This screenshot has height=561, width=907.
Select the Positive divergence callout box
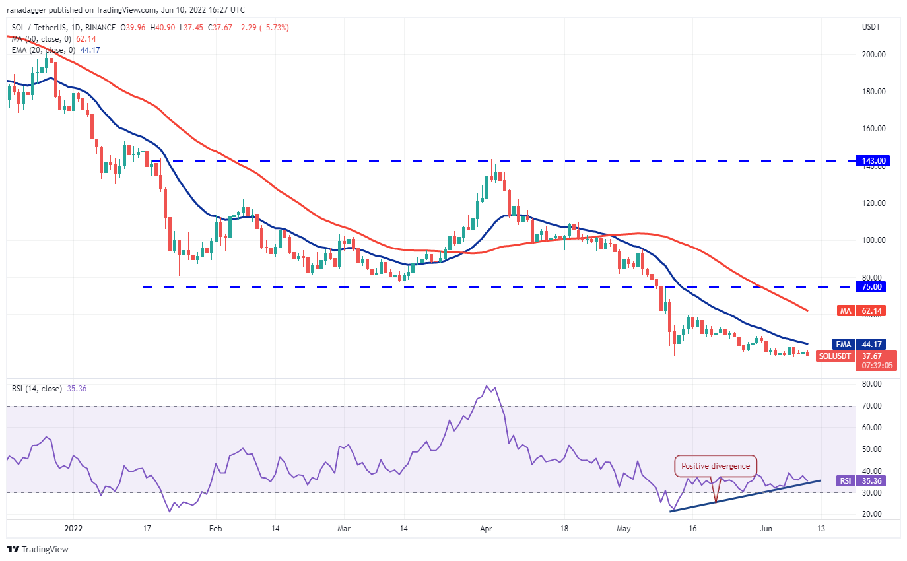pyautogui.click(x=716, y=465)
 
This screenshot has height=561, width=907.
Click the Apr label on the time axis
pyautogui.click(x=487, y=529)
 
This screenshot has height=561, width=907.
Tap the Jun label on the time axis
pyautogui.click(x=766, y=529)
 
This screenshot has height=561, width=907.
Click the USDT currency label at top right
pyautogui.click(x=873, y=27)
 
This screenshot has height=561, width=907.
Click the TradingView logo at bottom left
pyautogui.click(x=38, y=549)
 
